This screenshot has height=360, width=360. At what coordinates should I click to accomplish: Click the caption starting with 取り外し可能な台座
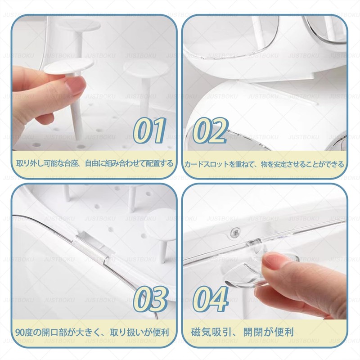pos(94,163)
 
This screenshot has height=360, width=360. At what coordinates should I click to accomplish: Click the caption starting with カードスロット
pos(265,164)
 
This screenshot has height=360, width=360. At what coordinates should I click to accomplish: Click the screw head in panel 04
pos(234,232)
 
